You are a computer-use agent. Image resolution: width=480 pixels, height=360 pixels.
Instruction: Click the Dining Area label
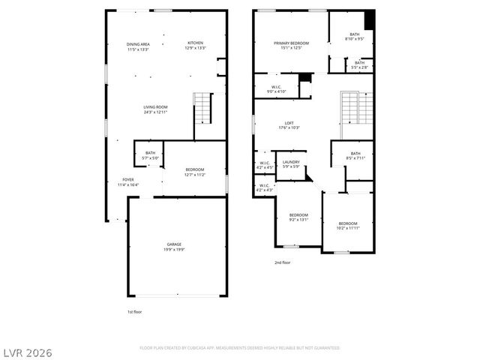[138, 46]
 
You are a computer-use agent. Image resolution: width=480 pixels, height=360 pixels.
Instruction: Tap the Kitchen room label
[195, 45]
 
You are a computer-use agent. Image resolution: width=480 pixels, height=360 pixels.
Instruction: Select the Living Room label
[155, 109]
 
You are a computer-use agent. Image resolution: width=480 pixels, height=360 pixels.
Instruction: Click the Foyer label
[128, 182]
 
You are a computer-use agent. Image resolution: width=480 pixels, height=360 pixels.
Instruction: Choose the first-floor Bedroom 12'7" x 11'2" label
[194, 172]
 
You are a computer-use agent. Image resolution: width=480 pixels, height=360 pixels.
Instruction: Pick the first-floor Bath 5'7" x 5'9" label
[150, 155]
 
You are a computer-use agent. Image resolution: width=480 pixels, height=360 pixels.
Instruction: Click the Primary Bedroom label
[291, 46]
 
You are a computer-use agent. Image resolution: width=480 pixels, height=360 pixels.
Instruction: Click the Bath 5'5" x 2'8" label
[360, 65]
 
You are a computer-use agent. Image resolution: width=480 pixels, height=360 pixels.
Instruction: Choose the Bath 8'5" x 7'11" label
[355, 156]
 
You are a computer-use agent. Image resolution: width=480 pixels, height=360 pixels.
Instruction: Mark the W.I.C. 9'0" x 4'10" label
[276, 89]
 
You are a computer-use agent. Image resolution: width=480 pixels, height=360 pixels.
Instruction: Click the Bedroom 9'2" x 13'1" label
[298, 217]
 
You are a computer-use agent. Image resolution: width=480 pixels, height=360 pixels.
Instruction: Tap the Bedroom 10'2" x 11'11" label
[347, 226]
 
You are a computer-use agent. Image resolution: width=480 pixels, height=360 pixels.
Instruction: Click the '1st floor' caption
[134, 311]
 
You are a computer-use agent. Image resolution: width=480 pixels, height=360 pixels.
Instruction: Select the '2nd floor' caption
[282, 262]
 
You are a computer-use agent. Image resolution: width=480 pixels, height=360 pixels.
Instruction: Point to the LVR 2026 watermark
[27, 352]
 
